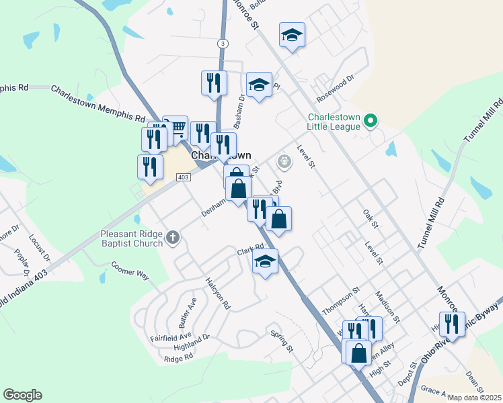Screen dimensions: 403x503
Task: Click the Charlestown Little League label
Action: tap(334, 121)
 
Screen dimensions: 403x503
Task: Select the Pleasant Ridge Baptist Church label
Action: tap(132, 238)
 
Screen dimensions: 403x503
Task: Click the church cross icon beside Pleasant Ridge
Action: tap(173, 237)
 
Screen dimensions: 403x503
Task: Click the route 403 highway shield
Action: tap(183, 177)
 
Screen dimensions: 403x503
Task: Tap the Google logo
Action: tap(22, 395)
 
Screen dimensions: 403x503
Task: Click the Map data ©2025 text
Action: tap(474, 398)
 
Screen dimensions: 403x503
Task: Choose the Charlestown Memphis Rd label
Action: tap(98, 103)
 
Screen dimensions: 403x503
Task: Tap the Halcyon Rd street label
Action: tap(218, 294)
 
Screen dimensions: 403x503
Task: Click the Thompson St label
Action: tap(342, 300)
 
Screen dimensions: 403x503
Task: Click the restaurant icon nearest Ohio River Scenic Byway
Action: tap(452, 324)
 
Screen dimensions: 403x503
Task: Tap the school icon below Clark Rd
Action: tap(266, 262)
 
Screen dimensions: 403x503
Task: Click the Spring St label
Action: tap(282, 341)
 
